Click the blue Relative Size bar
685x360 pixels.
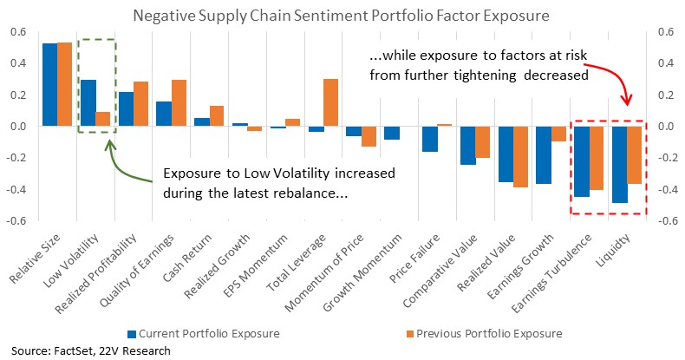pos(49,85)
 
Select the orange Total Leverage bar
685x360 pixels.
pos(330,102)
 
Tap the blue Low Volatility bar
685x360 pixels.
pos(88,103)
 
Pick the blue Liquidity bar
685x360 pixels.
pos(619,165)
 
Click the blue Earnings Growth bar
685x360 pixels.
pos(544,155)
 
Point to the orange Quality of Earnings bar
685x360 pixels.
pos(179,103)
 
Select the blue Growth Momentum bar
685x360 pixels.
pos(392,134)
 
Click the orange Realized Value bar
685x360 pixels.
pos(521,157)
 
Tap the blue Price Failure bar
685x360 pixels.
pos(430,139)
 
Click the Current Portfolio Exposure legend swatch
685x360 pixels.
pos(132,334)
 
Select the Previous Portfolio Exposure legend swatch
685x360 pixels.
pos(409,334)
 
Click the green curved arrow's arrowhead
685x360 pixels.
pos(110,145)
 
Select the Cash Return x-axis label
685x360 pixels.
pos(187,259)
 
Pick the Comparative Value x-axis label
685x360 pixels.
pos(440,271)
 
